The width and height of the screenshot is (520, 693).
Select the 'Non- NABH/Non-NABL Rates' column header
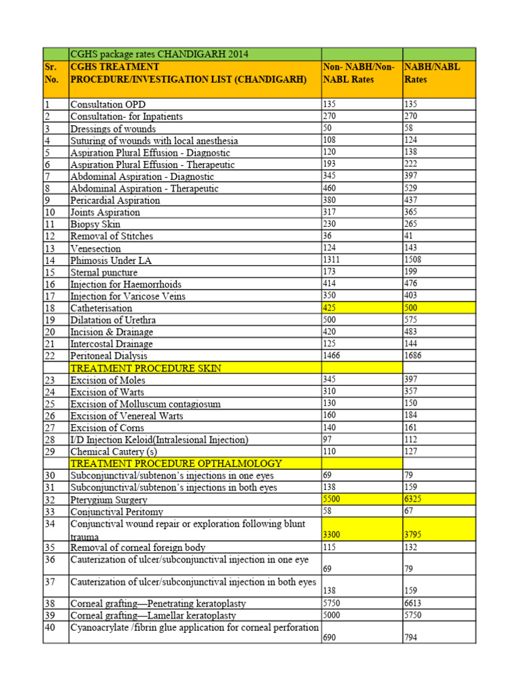359,73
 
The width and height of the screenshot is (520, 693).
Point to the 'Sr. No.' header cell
54,73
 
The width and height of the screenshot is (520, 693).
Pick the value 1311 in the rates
331,260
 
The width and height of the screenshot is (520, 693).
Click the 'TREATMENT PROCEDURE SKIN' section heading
146,368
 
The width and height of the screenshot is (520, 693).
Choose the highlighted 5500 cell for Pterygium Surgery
332,499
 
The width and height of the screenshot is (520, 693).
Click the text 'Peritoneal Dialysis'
109,356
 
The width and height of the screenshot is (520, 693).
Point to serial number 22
49,356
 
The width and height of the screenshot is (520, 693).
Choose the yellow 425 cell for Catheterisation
330,308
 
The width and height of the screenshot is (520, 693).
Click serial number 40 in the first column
49,627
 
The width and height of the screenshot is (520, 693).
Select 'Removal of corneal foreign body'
137,547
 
